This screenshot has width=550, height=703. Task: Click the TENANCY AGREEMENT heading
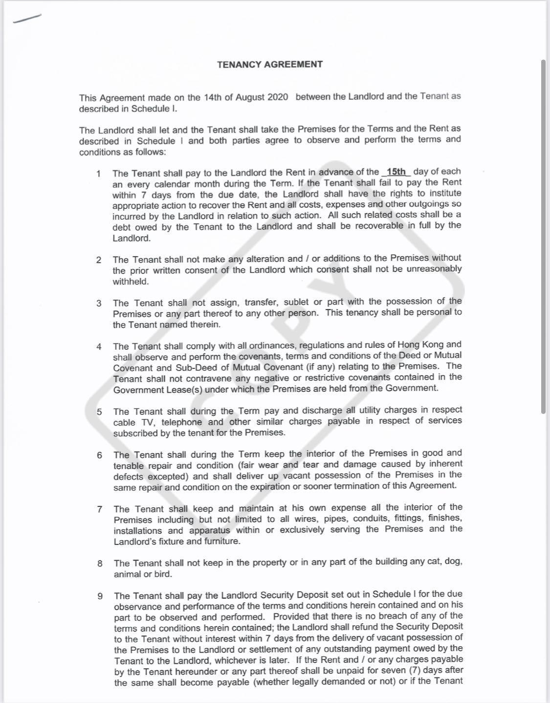(270, 64)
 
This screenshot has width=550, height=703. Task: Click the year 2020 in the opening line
(277, 97)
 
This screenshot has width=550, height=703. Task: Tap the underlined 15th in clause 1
(396, 172)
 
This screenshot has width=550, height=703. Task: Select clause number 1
(99, 173)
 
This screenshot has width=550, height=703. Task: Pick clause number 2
(99, 260)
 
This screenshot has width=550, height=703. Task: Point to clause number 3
(99, 303)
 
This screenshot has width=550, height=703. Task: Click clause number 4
(99, 346)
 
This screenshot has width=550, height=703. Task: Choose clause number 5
(99, 411)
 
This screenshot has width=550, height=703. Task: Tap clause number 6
(99, 455)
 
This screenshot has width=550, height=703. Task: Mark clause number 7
(100, 509)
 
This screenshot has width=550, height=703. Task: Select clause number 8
(100, 563)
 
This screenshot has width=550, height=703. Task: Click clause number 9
(100, 596)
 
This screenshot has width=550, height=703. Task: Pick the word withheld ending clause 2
(131, 282)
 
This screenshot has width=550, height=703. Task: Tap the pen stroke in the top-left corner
(27, 18)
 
